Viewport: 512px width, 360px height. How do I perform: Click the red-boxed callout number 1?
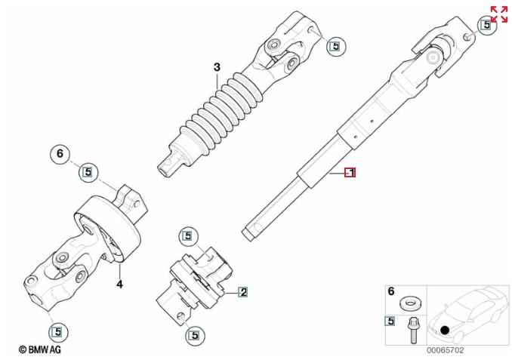[350, 172]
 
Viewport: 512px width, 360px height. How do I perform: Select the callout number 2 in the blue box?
[243, 292]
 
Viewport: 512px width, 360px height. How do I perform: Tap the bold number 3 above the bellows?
[217, 67]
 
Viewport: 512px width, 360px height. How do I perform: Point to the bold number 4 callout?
[120, 285]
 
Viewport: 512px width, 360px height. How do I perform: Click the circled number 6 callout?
[60, 154]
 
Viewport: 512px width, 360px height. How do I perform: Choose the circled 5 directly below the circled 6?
[88, 171]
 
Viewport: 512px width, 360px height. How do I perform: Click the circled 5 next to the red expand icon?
[487, 25]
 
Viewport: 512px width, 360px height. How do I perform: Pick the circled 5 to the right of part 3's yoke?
[336, 46]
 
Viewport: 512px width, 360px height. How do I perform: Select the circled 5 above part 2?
[188, 236]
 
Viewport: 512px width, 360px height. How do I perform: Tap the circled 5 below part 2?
[195, 335]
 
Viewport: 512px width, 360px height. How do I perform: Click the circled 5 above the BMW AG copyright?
[58, 332]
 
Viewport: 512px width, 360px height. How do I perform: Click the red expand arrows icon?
[499, 14]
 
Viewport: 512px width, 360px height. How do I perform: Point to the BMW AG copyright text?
[39, 349]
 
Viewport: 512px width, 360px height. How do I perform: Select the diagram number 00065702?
[445, 350]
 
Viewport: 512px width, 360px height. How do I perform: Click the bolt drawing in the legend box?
[413, 331]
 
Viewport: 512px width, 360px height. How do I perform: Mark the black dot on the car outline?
[445, 330]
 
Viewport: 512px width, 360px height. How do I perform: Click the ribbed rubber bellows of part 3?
[221, 113]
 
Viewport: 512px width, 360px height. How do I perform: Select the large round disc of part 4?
[108, 229]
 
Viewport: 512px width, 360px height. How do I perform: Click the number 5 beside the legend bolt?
[390, 322]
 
